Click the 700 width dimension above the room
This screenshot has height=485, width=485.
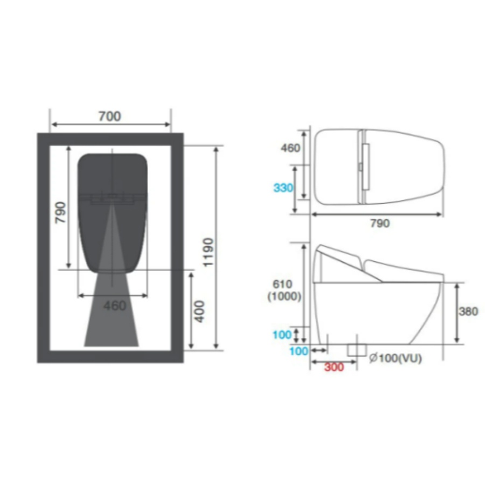point(109,116)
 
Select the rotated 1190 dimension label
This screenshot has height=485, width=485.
point(208,252)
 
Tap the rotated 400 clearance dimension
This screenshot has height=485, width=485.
point(200,311)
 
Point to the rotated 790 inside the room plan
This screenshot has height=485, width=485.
point(60,212)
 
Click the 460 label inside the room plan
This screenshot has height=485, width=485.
point(115,306)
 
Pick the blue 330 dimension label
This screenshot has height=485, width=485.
point(283,188)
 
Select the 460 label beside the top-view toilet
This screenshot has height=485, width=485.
point(290,148)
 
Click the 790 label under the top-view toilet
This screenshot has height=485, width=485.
point(380,223)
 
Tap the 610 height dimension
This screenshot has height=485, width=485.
point(282,284)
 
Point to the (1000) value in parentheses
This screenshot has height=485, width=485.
point(284,296)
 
